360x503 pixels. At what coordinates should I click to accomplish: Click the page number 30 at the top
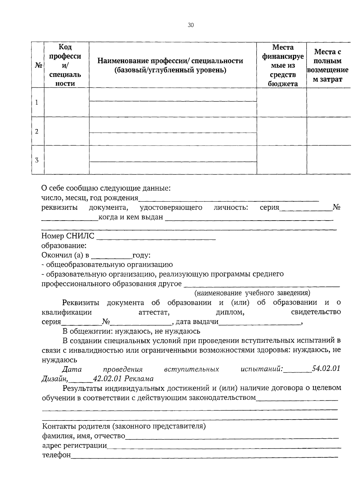tap(191, 25)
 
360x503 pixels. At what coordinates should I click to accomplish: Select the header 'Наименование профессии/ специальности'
tap(170, 65)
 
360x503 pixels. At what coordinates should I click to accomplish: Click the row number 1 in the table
tap(37, 103)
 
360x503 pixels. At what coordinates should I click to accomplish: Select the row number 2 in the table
tap(37, 131)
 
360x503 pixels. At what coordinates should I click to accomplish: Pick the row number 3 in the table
tap(37, 160)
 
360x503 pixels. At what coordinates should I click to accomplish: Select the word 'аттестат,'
tap(154, 312)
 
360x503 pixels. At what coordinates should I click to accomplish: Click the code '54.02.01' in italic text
tap(326, 369)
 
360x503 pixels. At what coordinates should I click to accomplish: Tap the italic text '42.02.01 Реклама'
tap(123, 379)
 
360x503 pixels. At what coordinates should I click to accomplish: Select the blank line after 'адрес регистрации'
tap(223, 446)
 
